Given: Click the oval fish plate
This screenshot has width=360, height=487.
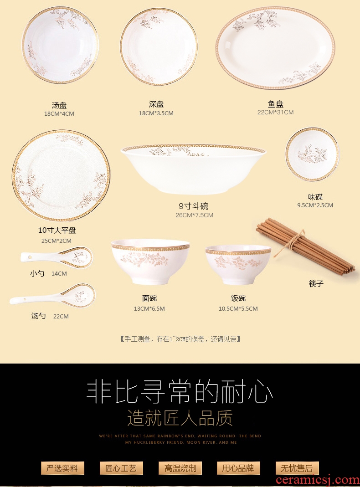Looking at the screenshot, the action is click(275, 48).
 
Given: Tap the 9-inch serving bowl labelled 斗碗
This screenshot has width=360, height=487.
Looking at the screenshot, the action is click(194, 169).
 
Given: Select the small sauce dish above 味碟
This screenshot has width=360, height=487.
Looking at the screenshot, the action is click(312, 154).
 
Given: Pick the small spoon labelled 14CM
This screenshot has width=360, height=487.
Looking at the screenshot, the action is click(57, 257).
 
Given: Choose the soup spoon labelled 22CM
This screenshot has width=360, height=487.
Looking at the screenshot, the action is click(52, 295).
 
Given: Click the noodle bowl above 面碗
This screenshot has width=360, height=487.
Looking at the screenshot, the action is click(150, 261).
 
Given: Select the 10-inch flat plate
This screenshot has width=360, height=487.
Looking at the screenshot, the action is click(61, 176).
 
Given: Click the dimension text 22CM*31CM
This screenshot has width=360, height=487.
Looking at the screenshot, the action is click(275, 113).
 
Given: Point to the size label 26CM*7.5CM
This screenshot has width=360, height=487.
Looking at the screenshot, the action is click(195, 215).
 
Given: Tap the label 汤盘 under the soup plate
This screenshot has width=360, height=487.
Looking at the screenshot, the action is click(59, 105).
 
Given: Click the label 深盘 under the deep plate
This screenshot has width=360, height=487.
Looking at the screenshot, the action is click(156, 104).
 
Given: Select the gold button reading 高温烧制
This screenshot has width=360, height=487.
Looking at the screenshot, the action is click(180, 468).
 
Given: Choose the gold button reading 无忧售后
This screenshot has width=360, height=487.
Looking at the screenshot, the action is click(297, 468).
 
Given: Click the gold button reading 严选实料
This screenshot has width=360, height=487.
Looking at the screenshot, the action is click(62, 468).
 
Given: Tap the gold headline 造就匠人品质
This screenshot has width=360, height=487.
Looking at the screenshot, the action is click(180, 418).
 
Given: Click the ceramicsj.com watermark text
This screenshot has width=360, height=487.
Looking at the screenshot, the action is click(318, 480).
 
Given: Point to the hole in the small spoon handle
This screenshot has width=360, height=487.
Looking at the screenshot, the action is click(30, 257).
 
